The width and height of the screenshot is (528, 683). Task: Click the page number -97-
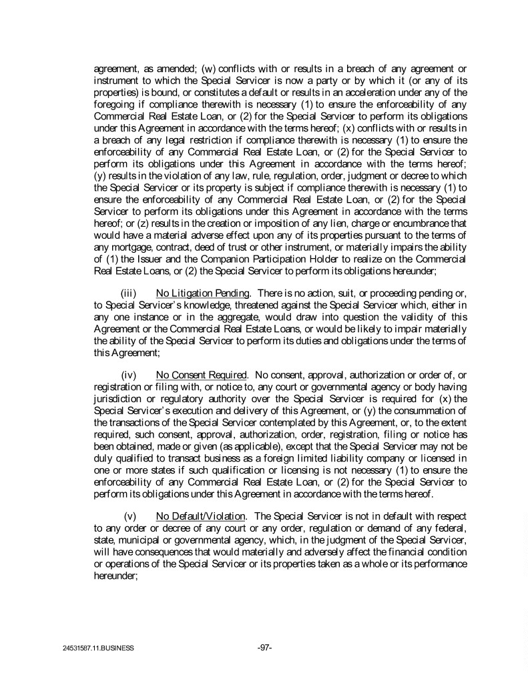[264, 647]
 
